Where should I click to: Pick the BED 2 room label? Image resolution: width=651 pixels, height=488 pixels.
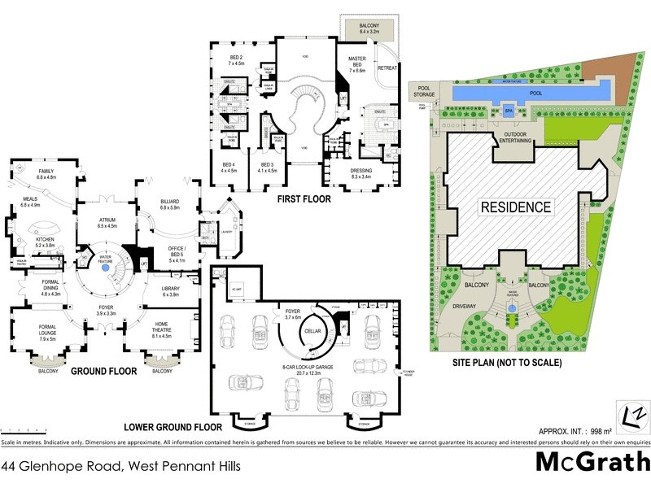[237, 59]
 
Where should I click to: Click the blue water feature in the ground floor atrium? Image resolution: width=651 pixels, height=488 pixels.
[104, 266]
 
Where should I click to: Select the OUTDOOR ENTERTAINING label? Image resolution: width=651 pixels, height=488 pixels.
[518, 137]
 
